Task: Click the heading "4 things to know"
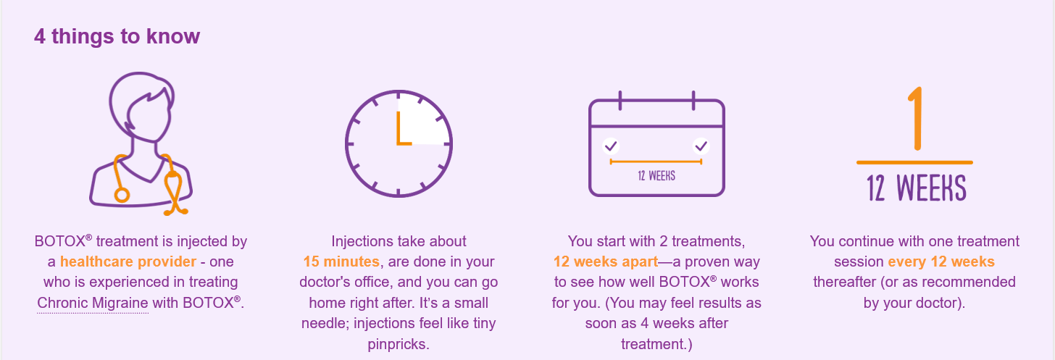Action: [117, 36]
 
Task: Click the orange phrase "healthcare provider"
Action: [128, 261]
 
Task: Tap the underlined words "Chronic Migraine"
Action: [93, 303]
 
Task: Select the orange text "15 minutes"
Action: [341, 261]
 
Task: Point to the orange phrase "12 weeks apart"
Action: [606, 261]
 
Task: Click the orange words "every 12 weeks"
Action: [941, 261]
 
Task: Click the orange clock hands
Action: [400, 134]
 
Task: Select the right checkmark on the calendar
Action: [701, 146]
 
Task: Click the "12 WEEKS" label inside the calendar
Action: [656, 175]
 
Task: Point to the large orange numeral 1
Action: [915, 120]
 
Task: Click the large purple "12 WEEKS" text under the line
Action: [916, 188]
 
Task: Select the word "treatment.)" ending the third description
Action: [656, 344]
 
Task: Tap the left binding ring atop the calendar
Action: [621, 99]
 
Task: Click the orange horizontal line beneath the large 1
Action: [914, 162]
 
